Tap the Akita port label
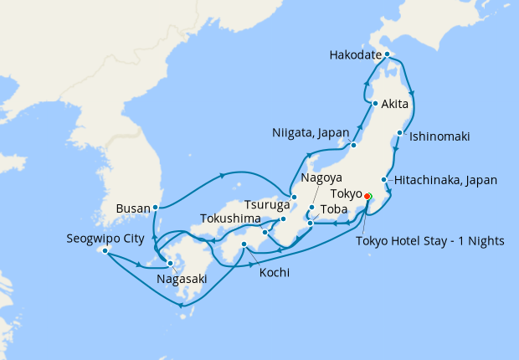[394, 105]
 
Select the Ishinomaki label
[439, 136]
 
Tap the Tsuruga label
[267, 204]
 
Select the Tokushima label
[229, 219]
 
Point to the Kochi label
[275, 273]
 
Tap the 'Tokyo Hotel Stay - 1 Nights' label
[430, 241]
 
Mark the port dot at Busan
[157, 207]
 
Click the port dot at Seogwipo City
[105, 250]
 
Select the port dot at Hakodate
[388, 54]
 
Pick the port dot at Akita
[375, 105]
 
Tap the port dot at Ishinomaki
[402, 134]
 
